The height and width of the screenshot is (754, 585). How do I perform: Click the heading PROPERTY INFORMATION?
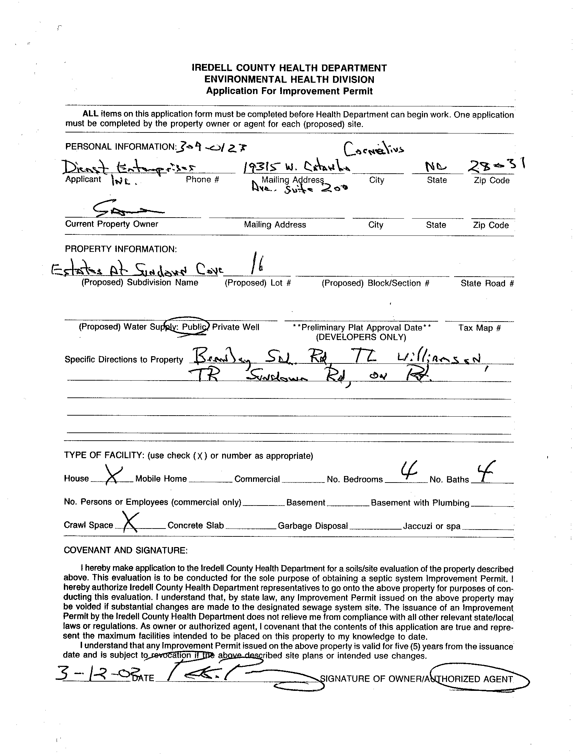121,249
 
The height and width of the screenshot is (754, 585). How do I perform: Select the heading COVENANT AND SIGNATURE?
126,550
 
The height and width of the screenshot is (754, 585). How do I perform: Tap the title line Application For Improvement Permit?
289,91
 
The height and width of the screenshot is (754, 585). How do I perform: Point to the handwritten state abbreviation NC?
436,168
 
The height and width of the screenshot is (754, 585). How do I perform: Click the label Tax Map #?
479,328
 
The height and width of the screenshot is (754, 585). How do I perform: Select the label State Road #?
487,283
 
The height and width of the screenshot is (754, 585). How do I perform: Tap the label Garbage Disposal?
312,526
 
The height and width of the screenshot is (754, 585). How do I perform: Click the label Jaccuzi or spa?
432,526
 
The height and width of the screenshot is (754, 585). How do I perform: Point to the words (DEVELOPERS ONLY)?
361,337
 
